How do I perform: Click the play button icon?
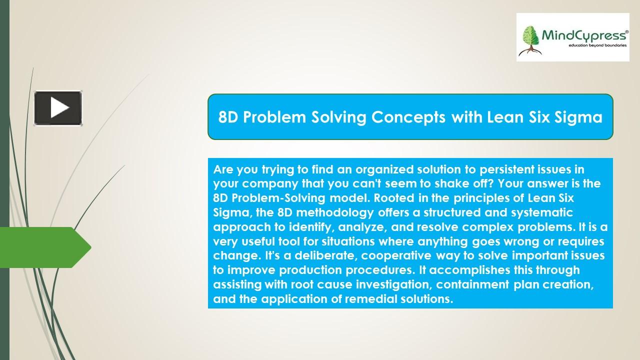point(58,108)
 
